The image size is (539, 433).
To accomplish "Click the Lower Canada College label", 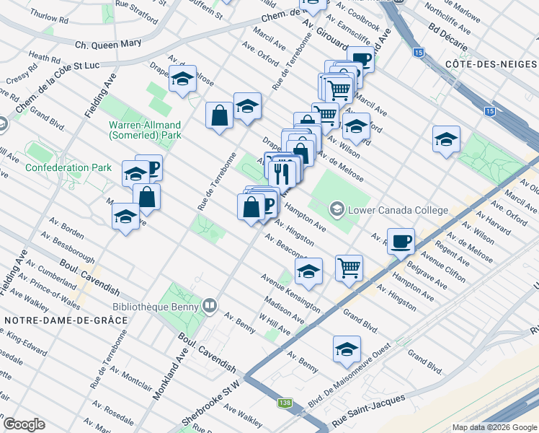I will [x=398, y=211].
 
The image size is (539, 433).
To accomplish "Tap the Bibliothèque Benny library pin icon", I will [x=209, y=305].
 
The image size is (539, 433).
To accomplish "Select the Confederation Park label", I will [x=68, y=167].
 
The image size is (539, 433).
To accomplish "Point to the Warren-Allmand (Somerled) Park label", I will [x=145, y=129].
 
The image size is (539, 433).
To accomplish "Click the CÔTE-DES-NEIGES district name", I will [x=491, y=65].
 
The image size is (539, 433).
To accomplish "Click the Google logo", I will [x=24, y=424].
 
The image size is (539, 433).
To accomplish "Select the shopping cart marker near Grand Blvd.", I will [x=349, y=268].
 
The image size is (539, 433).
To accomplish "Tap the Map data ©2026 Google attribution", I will [x=494, y=427].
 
